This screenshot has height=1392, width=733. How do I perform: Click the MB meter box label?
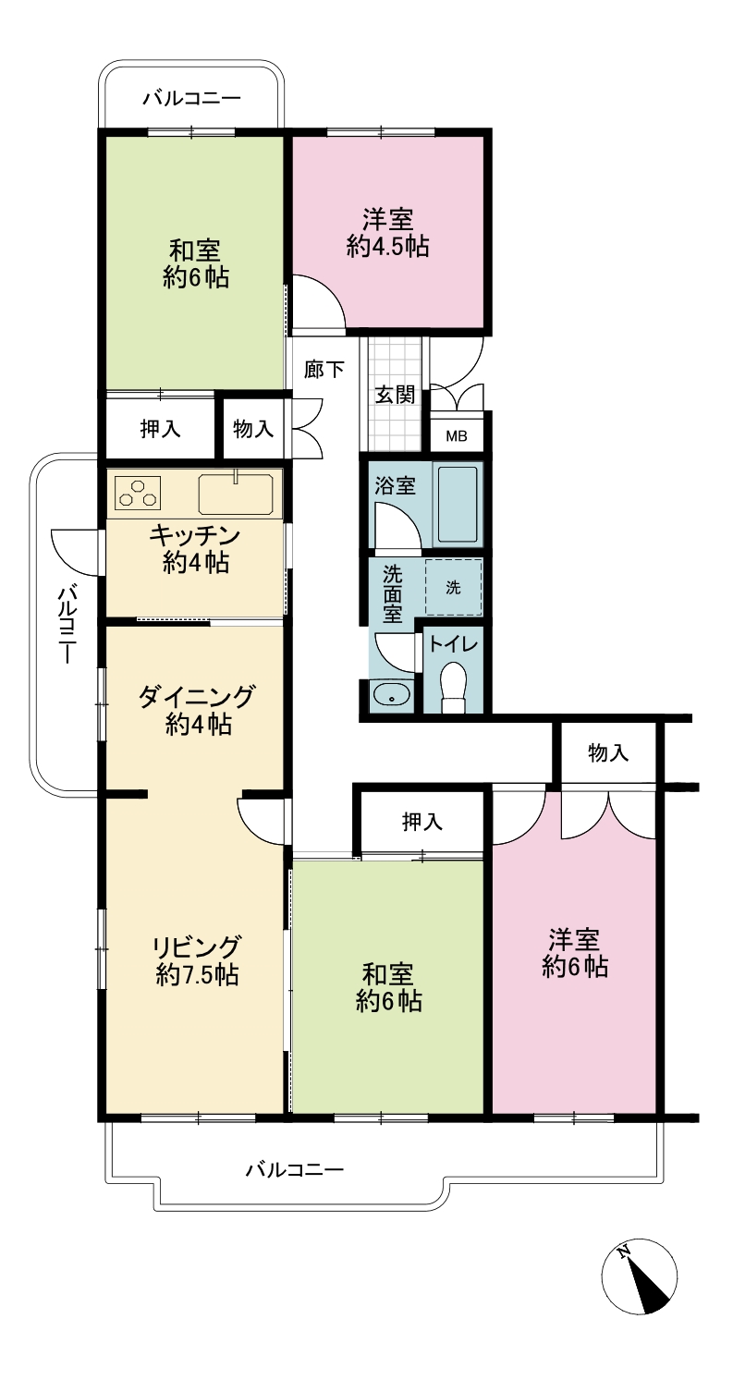tap(457, 436)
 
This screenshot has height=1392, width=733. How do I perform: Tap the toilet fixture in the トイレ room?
tap(453, 688)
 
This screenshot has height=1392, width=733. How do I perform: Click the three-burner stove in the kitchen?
tap(138, 494)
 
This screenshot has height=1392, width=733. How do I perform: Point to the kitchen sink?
tap(236, 494)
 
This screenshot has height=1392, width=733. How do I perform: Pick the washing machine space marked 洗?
tap(453, 587)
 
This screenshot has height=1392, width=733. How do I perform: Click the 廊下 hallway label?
tap(324, 369)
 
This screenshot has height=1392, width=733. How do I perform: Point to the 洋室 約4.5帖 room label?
tap(388, 233)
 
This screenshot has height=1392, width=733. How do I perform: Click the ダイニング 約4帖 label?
tap(197, 710)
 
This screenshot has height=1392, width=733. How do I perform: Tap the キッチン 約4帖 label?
tap(195, 549)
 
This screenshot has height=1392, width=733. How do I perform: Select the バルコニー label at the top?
tap(192, 99)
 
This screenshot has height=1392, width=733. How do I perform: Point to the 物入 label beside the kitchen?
tap(253, 428)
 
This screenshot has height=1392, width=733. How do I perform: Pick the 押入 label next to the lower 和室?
tap(422, 822)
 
